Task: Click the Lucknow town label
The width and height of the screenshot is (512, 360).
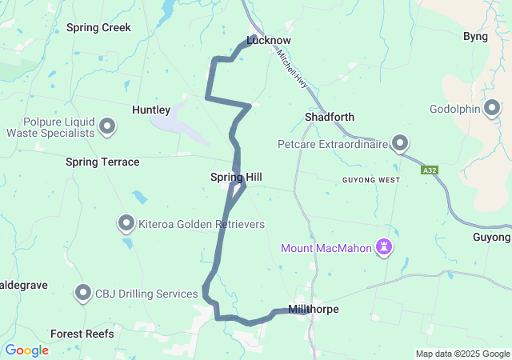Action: point(269,40)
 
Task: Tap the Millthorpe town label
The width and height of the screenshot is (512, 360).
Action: point(312,310)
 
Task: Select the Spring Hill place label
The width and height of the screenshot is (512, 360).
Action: point(236,177)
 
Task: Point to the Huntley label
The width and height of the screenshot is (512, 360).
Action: point(151,110)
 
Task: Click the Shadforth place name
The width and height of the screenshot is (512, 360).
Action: point(330,117)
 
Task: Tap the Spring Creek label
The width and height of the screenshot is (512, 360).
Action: point(98,27)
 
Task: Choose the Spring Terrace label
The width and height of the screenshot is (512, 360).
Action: point(102,162)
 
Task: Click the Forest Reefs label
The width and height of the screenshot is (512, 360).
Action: point(82,334)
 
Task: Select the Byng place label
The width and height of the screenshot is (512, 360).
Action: point(475,36)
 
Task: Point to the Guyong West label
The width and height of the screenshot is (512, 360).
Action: point(371,180)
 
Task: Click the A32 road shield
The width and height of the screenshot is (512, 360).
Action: point(429,170)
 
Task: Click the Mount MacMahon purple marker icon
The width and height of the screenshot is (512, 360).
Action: point(385,247)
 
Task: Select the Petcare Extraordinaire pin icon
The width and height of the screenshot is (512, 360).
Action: point(401,144)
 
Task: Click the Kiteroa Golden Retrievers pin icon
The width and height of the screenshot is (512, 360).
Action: point(126,223)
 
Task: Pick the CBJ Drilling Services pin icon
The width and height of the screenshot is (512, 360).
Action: point(83,293)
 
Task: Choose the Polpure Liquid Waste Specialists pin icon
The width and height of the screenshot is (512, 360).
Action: point(107,126)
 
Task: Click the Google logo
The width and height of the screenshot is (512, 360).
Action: point(26,350)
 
